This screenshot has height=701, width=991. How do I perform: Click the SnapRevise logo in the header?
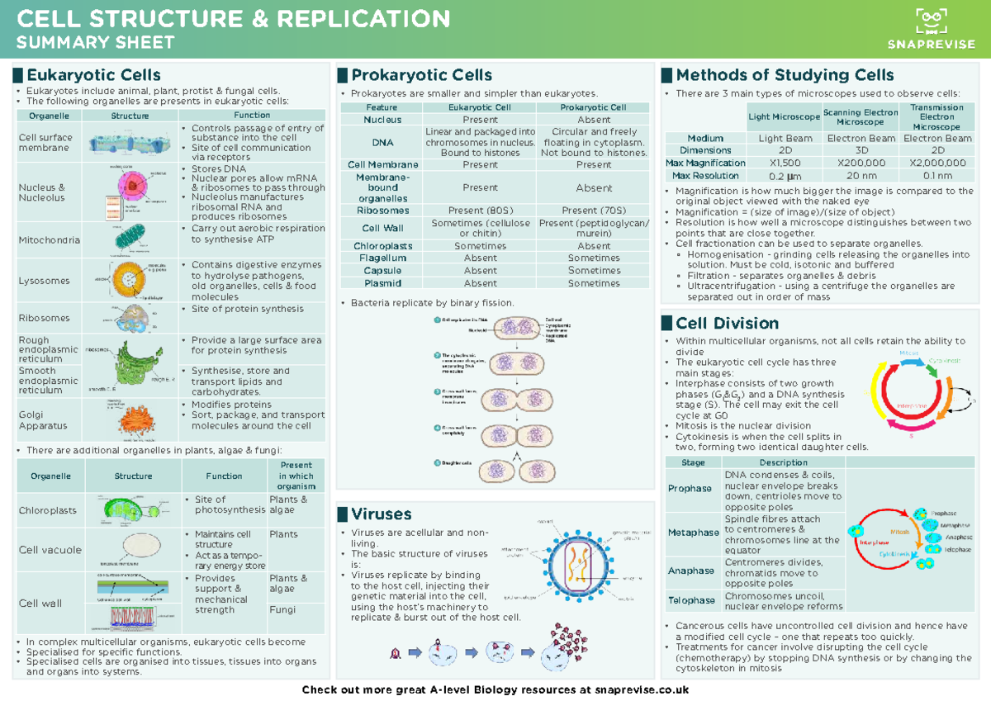coord(931,29)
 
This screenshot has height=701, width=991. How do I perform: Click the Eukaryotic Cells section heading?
coord(92,75)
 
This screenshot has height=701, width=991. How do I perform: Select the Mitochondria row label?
coord(50,240)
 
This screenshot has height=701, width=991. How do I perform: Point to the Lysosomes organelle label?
coord(45,281)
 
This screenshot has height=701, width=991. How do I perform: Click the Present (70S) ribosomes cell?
coord(593,211)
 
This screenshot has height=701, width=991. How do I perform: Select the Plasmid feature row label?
coord(382,283)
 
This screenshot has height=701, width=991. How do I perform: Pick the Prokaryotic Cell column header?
coord(593,107)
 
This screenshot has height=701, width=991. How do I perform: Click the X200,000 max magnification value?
coord(861,163)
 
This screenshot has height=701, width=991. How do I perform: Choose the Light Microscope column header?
coord(783,117)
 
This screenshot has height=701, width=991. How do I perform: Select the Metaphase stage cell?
coord(693,533)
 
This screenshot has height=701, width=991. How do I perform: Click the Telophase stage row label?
coord(691,600)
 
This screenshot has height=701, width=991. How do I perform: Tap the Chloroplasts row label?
coord(48,510)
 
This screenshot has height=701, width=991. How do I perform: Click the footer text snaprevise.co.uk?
coord(641,689)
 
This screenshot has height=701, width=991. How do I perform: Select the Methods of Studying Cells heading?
coord(785,75)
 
